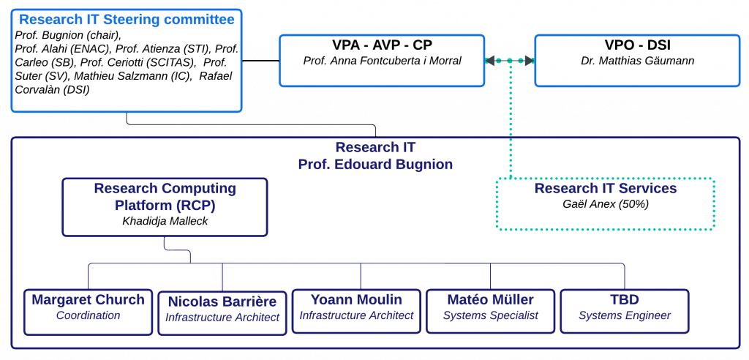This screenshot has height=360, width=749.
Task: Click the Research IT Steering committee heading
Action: click(127, 20)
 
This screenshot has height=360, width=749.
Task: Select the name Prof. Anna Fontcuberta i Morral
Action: click(382, 61)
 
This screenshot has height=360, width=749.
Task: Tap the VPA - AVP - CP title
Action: click(382, 45)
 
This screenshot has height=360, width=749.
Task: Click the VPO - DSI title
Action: click(637, 45)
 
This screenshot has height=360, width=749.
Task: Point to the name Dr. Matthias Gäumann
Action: click(637, 61)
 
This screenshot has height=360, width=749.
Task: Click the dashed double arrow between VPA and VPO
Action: click(510, 61)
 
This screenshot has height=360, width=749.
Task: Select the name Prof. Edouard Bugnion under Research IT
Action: click(375, 165)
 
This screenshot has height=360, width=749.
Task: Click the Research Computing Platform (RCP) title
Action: click(165, 196)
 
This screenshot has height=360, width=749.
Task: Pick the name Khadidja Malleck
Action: click(165, 220)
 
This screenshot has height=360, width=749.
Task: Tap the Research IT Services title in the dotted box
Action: click(606, 189)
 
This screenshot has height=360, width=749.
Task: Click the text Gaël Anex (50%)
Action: click(606, 204)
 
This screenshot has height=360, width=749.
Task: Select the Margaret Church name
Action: click(88, 300)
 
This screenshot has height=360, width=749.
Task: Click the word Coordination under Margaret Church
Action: click(88, 315)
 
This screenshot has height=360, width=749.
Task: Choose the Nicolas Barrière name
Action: click(222, 301)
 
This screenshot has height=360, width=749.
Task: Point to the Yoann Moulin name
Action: click(356, 300)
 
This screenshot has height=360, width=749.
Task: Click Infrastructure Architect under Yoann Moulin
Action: click(356, 315)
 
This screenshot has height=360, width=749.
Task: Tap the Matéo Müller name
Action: click(490, 300)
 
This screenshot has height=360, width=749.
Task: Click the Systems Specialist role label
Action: click(490, 315)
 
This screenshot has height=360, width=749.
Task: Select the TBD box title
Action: click(625, 300)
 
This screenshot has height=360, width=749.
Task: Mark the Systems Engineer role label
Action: click(625, 315)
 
